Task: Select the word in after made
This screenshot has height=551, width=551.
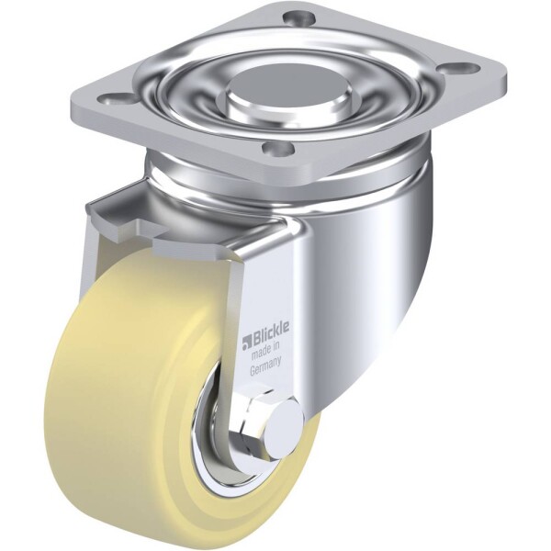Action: [276, 345]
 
